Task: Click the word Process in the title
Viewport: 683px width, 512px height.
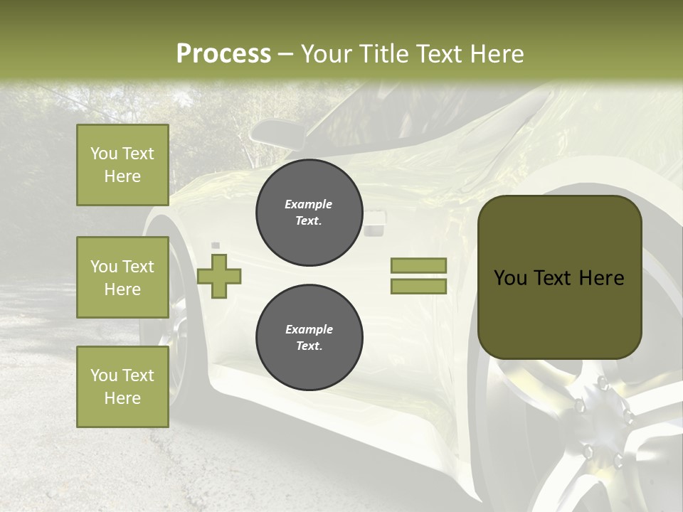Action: [223, 54]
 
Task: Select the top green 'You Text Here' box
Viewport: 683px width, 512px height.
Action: [122, 165]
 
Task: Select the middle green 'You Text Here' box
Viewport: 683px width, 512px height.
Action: [122, 277]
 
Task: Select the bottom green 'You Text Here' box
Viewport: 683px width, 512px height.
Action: [122, 387]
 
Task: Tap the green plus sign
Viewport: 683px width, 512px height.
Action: [218, 276]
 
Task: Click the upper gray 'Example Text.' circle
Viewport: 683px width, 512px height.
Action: [309, 213]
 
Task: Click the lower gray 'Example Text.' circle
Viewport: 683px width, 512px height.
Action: [309, 338]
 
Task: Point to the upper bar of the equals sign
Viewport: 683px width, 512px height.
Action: [418, 265]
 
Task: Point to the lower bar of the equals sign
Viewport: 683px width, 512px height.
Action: [418, 287]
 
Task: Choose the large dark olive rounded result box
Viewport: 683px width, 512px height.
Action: [559, 277]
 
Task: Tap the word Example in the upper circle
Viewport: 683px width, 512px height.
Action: [309, 205]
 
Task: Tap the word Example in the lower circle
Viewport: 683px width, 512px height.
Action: [309, 330]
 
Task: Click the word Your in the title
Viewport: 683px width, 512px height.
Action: [325, 54]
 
